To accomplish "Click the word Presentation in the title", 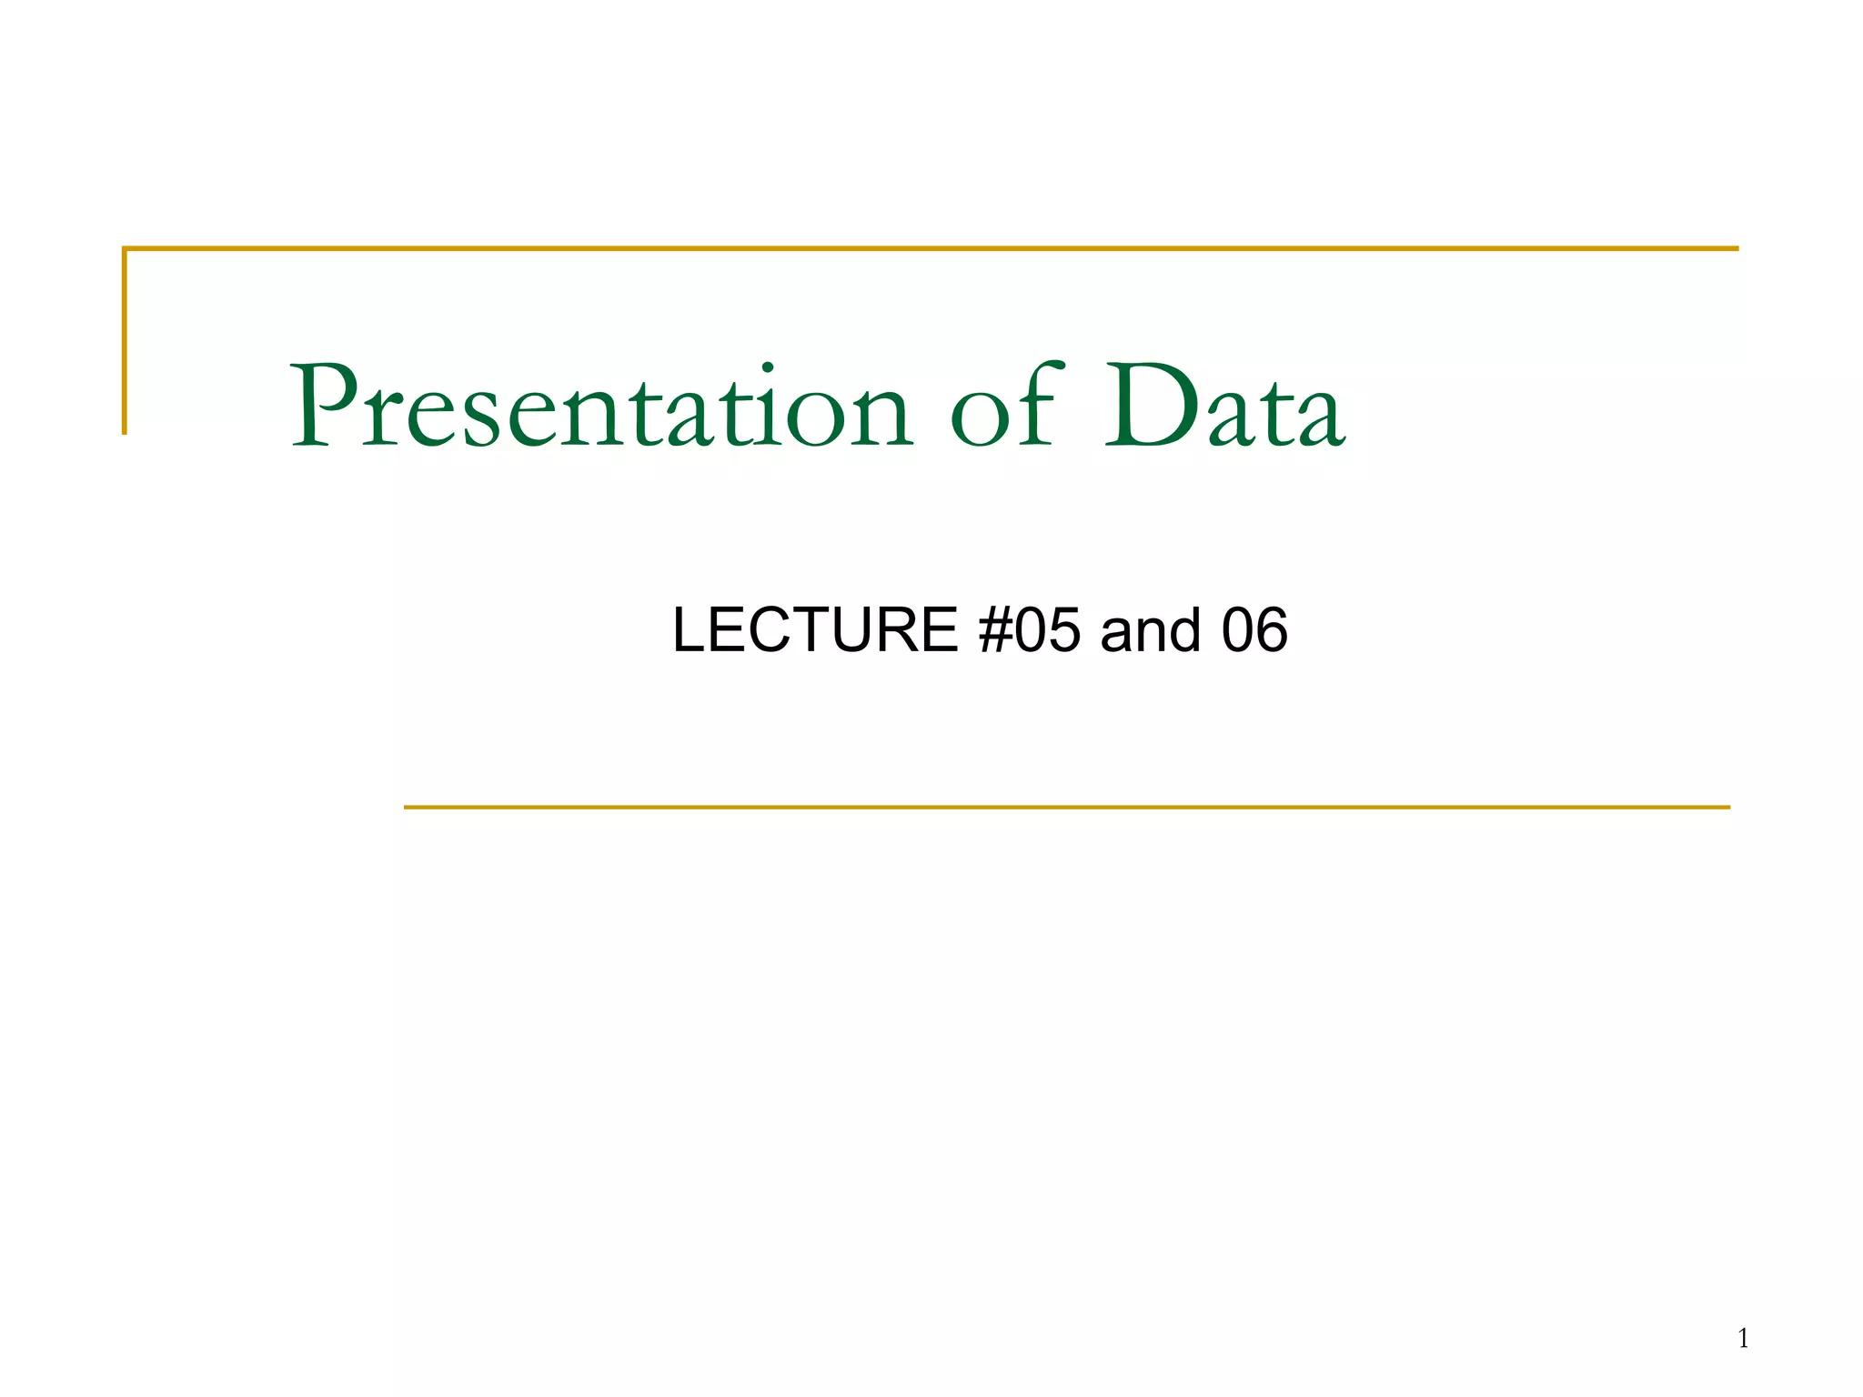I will click(x=600, y=407).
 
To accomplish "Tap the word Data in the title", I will click(x=1224, y=407).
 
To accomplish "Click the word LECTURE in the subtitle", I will click(x=815, y=629).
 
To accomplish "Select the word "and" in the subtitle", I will click(x=1151, y=629).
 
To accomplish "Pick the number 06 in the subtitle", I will click(x=1254, y=629).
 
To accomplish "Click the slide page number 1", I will click(x=1743, y=1338).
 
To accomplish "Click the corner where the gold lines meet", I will click(x=125, y=248).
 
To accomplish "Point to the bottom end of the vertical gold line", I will click(x=125, y=432).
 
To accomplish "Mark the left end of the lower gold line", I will click(x=407, y=807).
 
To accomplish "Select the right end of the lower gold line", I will click(x=1727, y=807).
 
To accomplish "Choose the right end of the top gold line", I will click(x=1737, y=248).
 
